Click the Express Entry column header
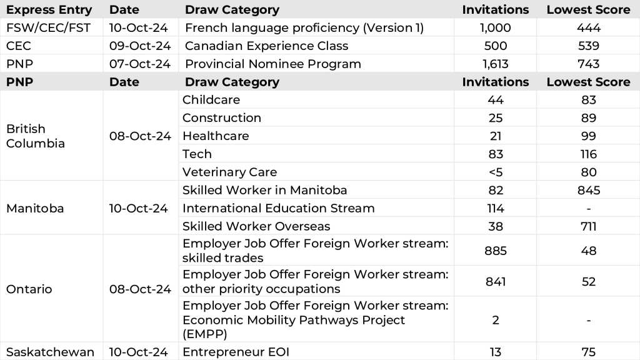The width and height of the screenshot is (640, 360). pyautogui.click(x=49, y=9)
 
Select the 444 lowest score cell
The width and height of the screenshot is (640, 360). pyautogui.click(x=588, y=27)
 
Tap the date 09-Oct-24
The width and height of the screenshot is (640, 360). pyautogui.click(x=139, y=46)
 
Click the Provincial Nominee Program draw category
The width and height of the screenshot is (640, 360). pyautogui.click(x=272, y=64)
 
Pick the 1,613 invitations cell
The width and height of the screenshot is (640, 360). pyautogui.click(x=495, y=64)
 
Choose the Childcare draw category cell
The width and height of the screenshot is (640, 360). pyautogui.click(x=211, y=100)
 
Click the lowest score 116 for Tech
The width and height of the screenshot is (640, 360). pyautogui.click(x=588, y=154)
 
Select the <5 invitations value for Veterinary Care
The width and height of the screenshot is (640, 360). pyautogui.click(x=495, y=172)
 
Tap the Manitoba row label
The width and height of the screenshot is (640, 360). pyautogui.click(x=35, y=209)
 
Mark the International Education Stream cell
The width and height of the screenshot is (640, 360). pyautogui.click(x=278, y=209)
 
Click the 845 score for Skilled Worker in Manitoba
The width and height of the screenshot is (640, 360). pyautogui.click(x=588, y=191)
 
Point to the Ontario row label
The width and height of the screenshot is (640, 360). pyautogui.click(x=29, y=289)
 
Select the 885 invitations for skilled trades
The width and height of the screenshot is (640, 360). pyautogui.click(x=495, y=251)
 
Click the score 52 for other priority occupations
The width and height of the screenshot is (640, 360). pyautogui.click(x=588, y=282)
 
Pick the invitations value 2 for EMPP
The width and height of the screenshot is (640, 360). pyautogui.click(x=495, y=320)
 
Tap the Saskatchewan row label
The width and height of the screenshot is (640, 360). pyautogui.click(x=49, y=352)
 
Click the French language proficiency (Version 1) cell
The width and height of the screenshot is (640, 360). pyautogui.click(x=302, y=27)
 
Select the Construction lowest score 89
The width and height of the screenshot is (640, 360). pyautogui.click(x=588, y=118)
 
